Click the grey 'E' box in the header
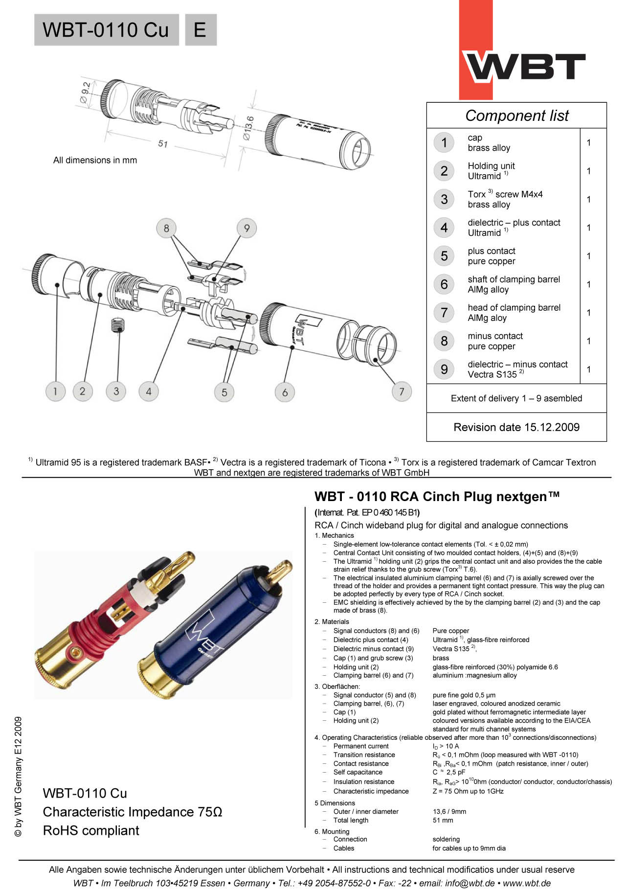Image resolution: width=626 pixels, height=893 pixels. click(201, 30)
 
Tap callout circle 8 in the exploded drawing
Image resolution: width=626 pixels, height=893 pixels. click(166, 228)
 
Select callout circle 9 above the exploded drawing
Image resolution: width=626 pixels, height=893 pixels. click(246, 228)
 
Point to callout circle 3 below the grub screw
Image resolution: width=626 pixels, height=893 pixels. click(116, 391)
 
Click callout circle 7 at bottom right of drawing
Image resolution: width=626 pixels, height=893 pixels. click(402, 391)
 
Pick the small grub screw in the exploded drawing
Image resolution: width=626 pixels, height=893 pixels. click(116, 325)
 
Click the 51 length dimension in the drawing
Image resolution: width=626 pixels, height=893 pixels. click(163, 144)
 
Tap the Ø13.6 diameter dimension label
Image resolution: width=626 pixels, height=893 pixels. click(249, 128)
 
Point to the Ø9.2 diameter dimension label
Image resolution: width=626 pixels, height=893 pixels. click(86, 92)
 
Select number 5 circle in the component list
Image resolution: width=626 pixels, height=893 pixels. click(444, 256)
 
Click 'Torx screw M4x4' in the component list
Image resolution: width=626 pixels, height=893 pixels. click(505, 194)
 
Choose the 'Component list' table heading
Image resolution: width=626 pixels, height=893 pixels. click(516, 115)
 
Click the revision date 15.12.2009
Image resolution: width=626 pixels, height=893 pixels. click(516, 427)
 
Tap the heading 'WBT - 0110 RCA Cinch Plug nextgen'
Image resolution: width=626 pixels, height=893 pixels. click(437, 497)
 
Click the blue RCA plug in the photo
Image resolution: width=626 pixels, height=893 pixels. click(205, 631)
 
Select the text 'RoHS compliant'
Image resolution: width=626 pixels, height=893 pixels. click(91, 830)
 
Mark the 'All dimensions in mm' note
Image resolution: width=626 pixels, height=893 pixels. click(95, 160)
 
